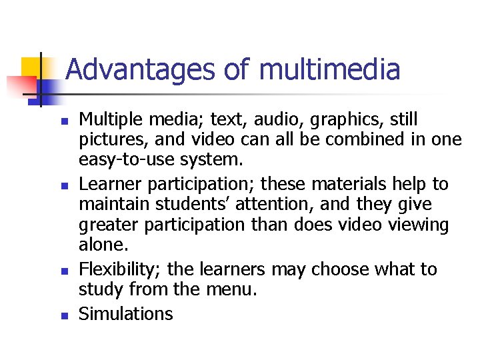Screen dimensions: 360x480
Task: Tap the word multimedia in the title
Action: [329, 69]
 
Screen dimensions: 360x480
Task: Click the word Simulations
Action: [125, 313]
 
